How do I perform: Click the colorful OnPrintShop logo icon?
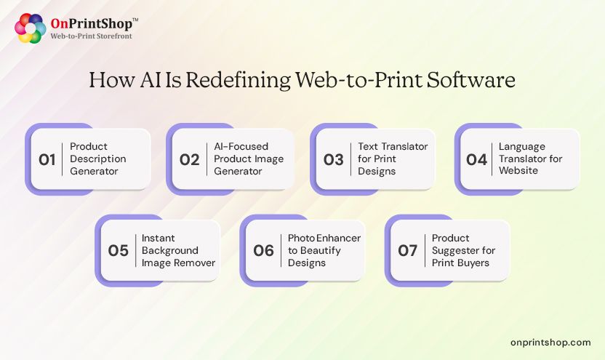(31, 28)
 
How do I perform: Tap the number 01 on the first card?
(47, 159)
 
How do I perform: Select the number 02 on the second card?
(189, 159)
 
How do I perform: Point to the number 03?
(333, 159)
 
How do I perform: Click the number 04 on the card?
(476, 159)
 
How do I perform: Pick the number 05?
(118, 251)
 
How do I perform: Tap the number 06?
(263, 251)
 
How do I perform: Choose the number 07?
(407, 251)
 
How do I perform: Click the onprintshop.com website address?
(550, 342)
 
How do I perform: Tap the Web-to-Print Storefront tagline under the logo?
(91, 36)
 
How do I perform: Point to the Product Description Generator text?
(97, 159)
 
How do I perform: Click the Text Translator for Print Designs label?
(392, 159)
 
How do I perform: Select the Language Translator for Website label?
(531, 159)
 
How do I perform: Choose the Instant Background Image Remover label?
(178, 250)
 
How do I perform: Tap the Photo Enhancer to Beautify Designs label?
(324, 250)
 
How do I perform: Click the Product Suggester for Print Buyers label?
(463, 250)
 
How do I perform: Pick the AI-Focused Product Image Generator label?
(249, 159)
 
